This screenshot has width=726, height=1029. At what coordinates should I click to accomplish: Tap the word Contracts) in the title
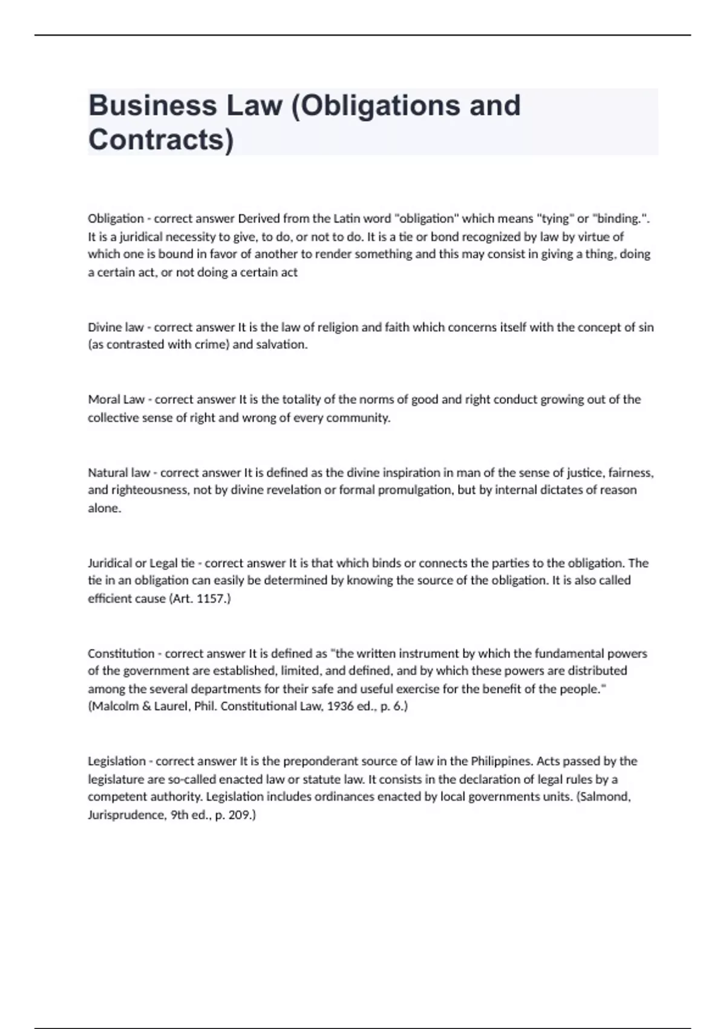pos(160,140)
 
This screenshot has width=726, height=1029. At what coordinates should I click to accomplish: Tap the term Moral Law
pos(116,399)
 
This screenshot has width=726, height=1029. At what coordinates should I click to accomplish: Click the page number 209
pos(241,815)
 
